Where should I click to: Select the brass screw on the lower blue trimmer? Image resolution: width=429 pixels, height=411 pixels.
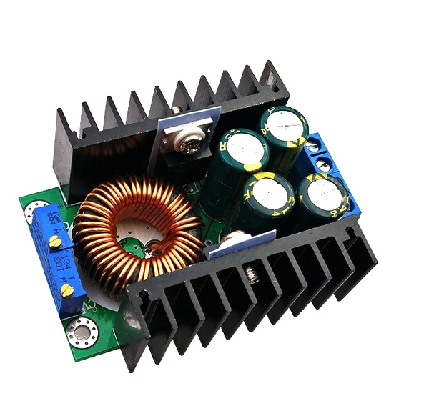pos(66,289)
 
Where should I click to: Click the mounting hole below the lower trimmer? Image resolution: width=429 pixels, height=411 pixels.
pos(75,330)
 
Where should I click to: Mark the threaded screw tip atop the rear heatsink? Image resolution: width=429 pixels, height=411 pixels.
pos(176,109)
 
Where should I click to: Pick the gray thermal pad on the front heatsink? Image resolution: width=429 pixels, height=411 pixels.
pos(243,243)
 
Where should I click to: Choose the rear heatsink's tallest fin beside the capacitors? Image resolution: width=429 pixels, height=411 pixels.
pos(275,79)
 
